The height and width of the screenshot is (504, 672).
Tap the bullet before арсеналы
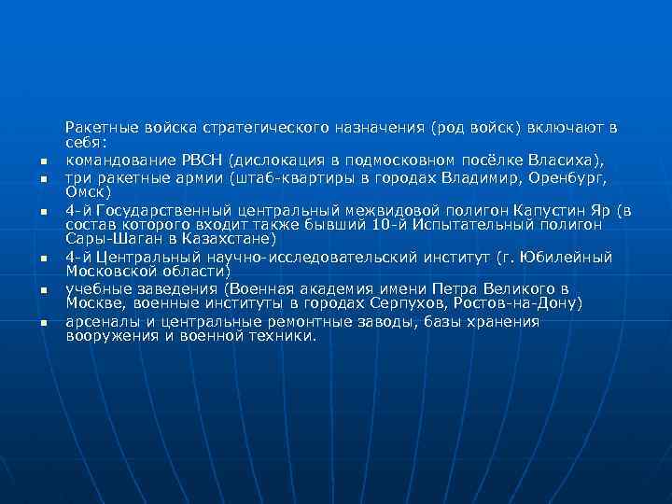point(43,323)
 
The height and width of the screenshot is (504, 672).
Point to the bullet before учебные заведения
point(43,290)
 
